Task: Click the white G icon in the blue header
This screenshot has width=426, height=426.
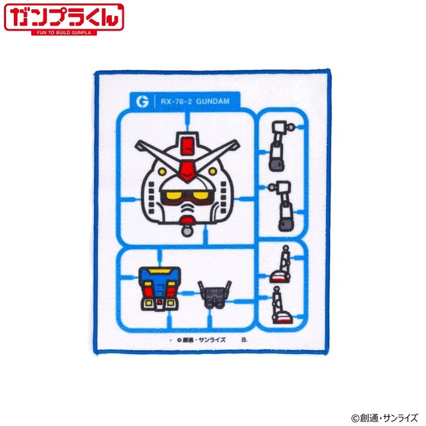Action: (140, 102)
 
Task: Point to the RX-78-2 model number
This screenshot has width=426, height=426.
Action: (178, 102)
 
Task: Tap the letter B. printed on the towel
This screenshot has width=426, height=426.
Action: (244, 339)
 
